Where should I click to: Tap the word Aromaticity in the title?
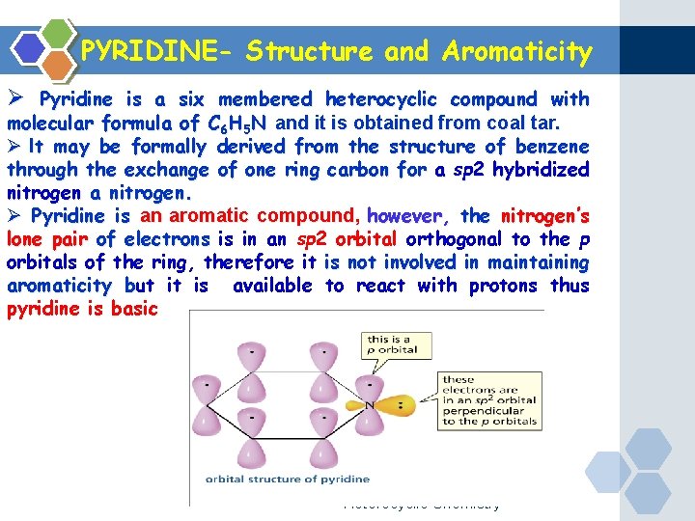(517, 51)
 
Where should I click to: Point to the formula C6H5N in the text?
(239, 123)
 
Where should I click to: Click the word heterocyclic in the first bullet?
(380, 99)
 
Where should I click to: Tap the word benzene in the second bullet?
(547, 147)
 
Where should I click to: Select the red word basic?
(128, 310)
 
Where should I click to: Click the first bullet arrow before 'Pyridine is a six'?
(14, 99)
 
